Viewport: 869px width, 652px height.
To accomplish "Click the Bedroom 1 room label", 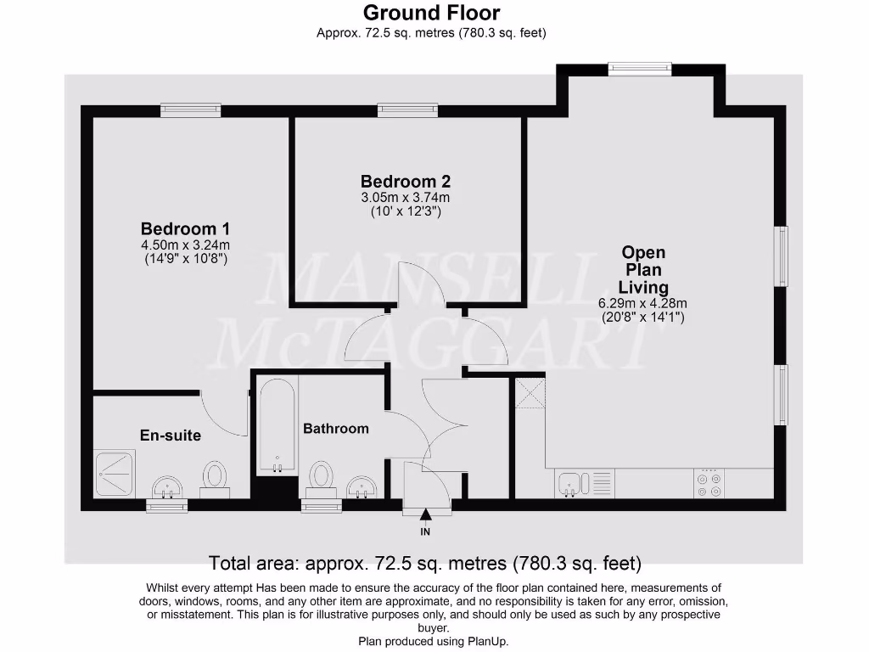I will click(x=185, y=228).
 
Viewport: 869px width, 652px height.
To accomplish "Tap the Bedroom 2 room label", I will click(x=405, y=181).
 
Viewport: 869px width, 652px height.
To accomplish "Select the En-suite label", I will click(x=171, y=436).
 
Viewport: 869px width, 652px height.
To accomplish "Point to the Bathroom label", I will click(x=336, y=429).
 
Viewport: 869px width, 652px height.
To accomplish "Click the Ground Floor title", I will click(x=431, y=13).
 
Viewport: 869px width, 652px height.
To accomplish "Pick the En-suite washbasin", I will click(x=167, y=487).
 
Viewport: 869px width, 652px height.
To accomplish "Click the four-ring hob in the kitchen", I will click(x=709, y=484).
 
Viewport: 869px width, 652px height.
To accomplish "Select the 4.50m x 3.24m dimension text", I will click(x=185, y=245).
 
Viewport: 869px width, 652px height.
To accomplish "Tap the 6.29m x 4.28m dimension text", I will click(x=642, y=303).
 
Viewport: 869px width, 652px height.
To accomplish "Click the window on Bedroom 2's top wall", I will click(x=408, y=109).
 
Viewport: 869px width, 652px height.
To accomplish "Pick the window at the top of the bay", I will click(x=641, y=68).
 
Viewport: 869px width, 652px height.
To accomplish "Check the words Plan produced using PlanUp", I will click(x=433, y=641).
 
